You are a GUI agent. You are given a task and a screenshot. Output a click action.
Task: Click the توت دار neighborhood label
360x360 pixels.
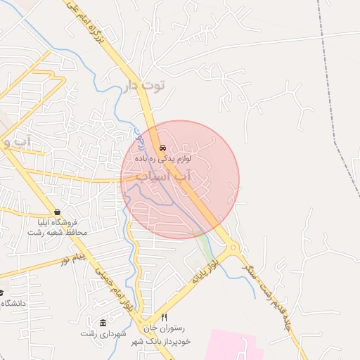pos(143,86)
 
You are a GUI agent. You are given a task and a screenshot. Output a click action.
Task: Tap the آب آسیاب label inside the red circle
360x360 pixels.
pos(162,176)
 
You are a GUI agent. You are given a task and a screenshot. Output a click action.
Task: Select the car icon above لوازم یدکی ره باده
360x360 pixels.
pos(163,148)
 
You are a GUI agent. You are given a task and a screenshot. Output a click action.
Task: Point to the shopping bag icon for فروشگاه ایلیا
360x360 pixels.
pos(56,212)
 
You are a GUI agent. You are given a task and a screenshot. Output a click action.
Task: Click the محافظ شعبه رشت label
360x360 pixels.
pos(60,232)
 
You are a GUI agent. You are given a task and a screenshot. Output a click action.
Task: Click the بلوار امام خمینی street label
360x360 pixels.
pos(120,289)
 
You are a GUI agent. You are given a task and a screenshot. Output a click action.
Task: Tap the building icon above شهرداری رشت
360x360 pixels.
pos(103,323)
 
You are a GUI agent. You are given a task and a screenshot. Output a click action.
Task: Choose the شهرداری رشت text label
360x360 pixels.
pos(103,333)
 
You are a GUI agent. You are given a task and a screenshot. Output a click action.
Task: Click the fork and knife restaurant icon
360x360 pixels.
pos(165,317)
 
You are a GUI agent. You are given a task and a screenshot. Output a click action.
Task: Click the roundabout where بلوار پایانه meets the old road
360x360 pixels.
pos(233,247)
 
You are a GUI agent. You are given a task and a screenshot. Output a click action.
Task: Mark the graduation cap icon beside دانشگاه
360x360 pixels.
pos(1,293)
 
